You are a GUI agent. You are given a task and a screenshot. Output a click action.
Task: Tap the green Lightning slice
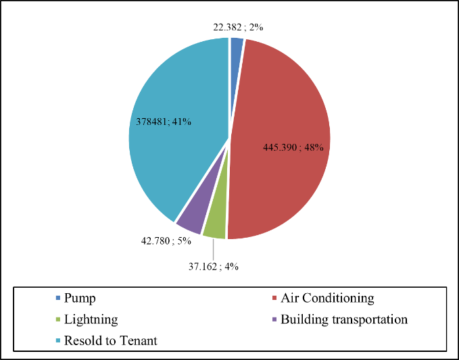coord(215,226)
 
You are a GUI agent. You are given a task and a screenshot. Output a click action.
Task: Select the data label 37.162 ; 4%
coord(212,266)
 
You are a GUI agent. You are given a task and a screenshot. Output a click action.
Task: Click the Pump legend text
coord(80,298)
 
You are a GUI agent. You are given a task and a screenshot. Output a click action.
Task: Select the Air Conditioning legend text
coord(327,298)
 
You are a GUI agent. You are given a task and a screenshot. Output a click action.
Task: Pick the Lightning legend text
coord(91,319)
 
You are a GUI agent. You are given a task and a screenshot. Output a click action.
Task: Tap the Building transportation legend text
coord(344,319)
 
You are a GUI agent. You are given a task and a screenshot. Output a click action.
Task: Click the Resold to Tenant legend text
coord(110,340)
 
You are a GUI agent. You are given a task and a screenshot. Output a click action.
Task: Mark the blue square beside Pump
coord(57,298)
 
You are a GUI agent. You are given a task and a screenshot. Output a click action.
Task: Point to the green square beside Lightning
coord(57,319)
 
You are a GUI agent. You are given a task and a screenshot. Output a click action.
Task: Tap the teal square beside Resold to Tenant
coord(57,340)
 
